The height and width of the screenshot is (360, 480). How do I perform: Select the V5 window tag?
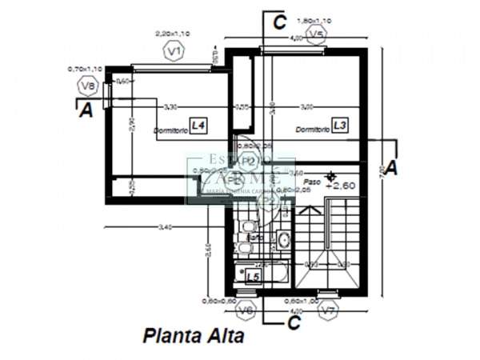[317, 34]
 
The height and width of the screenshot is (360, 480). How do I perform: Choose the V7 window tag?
[327, 310]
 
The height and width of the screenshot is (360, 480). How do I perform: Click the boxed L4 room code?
[198, 126]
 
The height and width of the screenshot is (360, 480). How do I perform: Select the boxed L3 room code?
[340, 126]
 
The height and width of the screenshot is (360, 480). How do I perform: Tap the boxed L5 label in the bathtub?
[253, 276]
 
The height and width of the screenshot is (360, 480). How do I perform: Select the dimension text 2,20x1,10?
[173, 34]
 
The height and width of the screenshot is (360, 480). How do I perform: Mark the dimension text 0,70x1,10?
[84, 69]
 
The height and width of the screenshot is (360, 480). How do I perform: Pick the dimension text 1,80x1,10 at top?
[314, 20]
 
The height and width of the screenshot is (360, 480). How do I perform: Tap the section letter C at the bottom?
[294, 322]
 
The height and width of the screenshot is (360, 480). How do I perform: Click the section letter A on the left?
[86, 111]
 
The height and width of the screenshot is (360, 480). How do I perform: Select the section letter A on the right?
[391, 167]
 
